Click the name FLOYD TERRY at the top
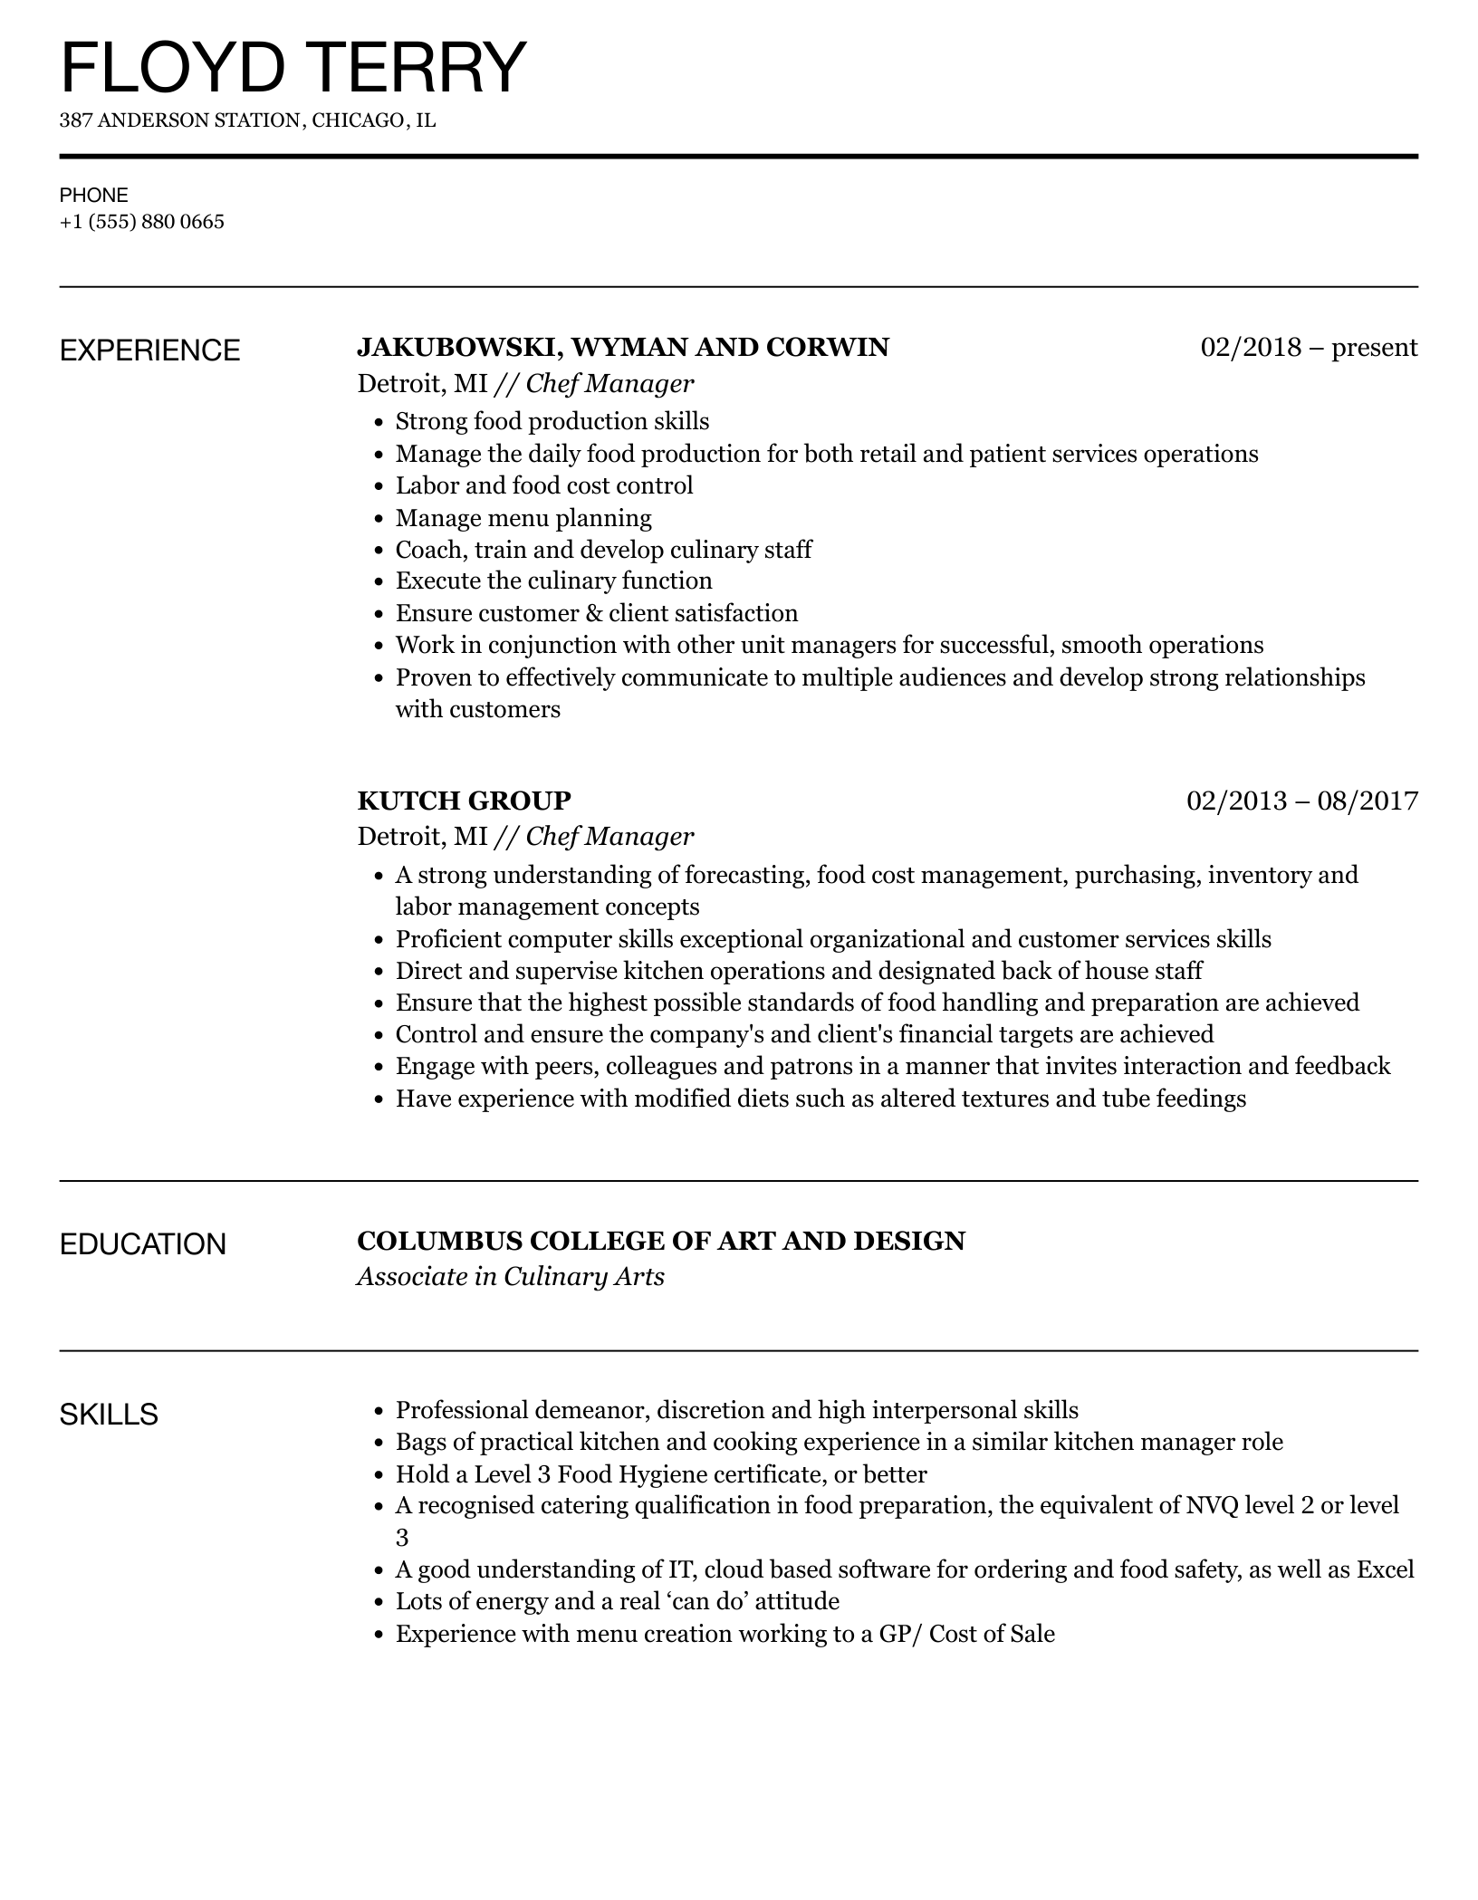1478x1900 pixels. (x=293, y=68)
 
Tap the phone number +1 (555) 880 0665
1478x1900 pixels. (x=142, y=222)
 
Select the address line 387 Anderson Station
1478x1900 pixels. (x=247, y=120)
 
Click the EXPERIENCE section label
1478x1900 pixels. (x=149, y=350)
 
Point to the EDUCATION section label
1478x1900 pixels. (x=142, y=1244)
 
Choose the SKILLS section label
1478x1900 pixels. (x=109, y=1414)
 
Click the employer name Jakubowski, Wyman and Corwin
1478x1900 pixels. (x=623, y=347)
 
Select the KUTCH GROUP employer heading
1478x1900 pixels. (x=464, y=801)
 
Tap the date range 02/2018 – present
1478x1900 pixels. (x=1309, y=347)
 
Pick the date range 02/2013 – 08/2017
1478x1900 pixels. (x=1301, y=801)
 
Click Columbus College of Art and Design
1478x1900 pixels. (x=661, y=1241)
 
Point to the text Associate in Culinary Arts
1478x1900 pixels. (x=511, y=1277)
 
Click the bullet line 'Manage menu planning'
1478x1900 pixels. (x=523, y=518)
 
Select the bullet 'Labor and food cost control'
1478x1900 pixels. (x=544, y=485)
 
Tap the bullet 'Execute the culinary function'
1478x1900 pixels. (x=553, y=581)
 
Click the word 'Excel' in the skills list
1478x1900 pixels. (x=1385, y=1569)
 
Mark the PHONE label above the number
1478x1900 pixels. (x=94, y=195)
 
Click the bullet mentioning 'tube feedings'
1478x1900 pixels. (x=821, y=1099)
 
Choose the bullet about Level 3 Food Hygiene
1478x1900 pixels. (x=661, y=1473)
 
